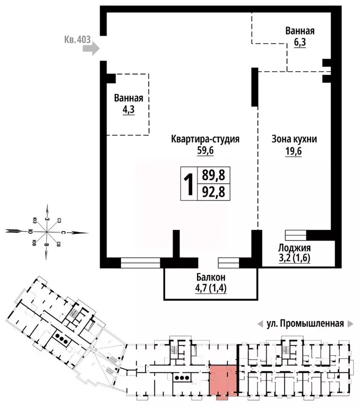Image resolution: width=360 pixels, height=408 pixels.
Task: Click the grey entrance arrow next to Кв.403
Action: [92, 49]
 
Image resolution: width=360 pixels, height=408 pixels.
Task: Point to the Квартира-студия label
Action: [205, 139]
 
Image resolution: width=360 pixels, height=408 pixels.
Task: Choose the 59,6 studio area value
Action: [205, 150]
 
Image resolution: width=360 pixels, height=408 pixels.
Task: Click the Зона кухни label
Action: [294, 139]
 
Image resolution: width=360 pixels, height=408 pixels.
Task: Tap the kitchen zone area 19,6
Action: [294, 150]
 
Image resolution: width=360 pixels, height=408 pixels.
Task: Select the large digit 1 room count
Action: [188, 184]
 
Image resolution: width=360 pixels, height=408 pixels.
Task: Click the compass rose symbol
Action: [47, 232]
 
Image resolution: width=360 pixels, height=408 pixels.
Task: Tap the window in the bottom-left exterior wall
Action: [140, 261]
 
